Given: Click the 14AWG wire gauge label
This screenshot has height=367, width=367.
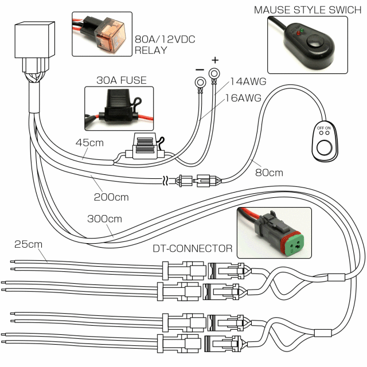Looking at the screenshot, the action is (x=248, y=81).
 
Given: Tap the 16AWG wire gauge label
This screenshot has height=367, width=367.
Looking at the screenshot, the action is (x=243, y=98).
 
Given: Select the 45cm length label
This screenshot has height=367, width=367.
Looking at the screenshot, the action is (x=89, y=143).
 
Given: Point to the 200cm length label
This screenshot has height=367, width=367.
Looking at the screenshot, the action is (x=111, y=197).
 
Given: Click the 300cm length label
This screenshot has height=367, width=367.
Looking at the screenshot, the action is (x=104, y=219).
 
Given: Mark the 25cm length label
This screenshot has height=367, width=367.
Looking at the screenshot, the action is (x=28, y=244).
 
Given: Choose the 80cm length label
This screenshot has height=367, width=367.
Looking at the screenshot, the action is (x=269, y=173).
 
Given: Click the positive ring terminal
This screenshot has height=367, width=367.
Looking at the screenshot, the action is (x=214, y=74).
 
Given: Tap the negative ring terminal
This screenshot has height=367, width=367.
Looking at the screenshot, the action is (x=200, y=83).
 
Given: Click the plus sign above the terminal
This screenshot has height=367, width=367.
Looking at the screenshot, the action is (x=215, y=60).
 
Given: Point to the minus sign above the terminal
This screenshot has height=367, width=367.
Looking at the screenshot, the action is (x=200, y=69).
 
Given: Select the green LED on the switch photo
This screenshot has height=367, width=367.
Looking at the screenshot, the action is (x=302, y=30).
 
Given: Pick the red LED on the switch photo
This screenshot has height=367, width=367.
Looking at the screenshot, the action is (x=298, y=33).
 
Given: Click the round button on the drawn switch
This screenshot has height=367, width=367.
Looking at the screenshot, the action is (x=324, y=148).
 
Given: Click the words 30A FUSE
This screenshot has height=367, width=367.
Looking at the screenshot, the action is (x=122, y=80).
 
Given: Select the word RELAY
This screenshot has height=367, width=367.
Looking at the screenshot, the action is (x=151, y=50).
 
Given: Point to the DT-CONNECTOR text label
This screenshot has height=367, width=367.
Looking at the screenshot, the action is (x=193, y=248).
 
